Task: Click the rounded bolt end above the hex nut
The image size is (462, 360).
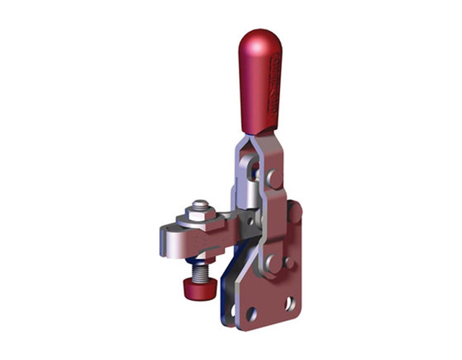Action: coord(200,205)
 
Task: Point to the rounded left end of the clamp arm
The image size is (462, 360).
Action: coord(163,242)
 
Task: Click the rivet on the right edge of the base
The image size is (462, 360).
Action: coord(294,211)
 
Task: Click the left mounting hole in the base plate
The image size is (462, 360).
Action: coord(251,315)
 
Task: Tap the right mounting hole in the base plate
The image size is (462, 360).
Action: coord(290,303)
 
